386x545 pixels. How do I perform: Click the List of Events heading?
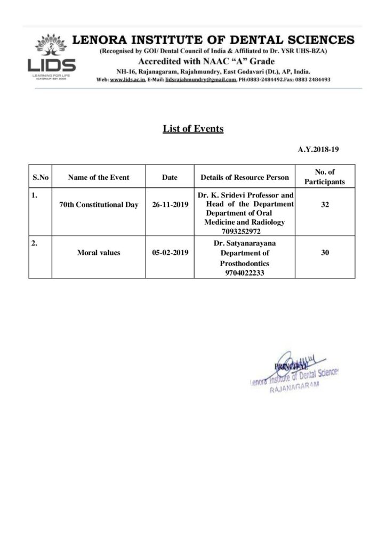193,129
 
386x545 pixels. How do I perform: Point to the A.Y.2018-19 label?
318,150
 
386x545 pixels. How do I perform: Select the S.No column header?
41,177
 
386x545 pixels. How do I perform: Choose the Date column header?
170,177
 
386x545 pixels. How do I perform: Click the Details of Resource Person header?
245,177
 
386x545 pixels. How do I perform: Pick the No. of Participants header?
325,177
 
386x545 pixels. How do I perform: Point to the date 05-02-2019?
170,253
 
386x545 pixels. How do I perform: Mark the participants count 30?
325,253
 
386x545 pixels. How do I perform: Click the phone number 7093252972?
245,232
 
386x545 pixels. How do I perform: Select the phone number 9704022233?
245,272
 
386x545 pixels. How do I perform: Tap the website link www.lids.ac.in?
127,79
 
